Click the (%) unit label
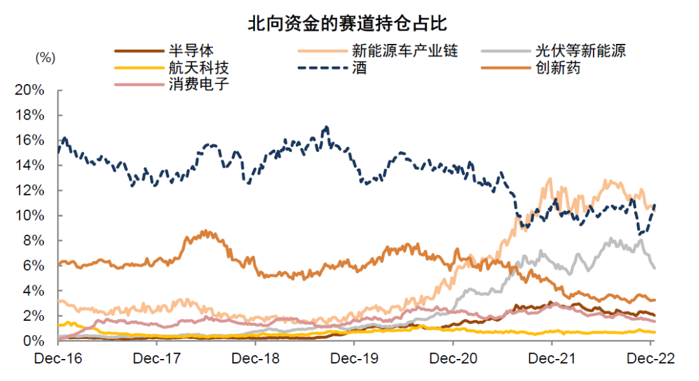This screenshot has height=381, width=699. coord(45,57)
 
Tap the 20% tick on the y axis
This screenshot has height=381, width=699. coord(30,90)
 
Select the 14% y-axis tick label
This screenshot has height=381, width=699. coord(30,165)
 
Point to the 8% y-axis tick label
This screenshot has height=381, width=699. coord(34,241)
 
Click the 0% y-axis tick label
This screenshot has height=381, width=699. coord(34,341)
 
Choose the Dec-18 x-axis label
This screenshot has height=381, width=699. coord(255,358)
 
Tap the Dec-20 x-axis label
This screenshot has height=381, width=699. coord(452,358)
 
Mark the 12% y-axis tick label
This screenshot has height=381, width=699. coord(30,190)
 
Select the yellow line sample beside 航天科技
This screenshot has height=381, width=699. coord(137,67)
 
